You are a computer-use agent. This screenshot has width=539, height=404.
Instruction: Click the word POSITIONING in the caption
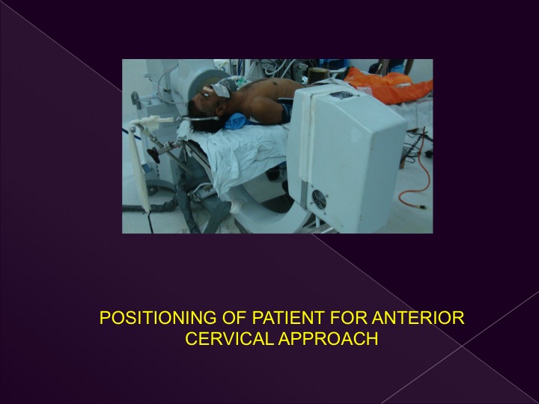click(x=158, y=318)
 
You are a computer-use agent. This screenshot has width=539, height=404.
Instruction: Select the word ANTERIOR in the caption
click(x=418, y=318)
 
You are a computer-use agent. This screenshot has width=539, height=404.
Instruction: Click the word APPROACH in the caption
click(x=329, y=339)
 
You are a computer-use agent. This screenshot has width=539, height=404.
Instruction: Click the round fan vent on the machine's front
click(x=319, y=198)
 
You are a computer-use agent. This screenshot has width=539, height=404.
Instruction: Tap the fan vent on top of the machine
click(x=341, y=95)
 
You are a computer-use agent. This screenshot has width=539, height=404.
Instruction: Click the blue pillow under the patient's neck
click(x=236, y=122)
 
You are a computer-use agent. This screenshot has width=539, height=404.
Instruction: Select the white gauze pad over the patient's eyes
click(x=220, y=89)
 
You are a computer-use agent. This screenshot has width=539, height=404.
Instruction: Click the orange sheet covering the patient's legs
click(x=388, y=85)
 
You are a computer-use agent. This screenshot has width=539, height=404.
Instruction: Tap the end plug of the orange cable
click(x=421, y=206)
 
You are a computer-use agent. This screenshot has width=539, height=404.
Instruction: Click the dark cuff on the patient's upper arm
click(x=285, y=110)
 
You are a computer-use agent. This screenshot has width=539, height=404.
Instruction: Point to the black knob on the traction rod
click(x=153, y=155)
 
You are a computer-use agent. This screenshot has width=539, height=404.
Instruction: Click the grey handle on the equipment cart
click(x=135, y=99)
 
